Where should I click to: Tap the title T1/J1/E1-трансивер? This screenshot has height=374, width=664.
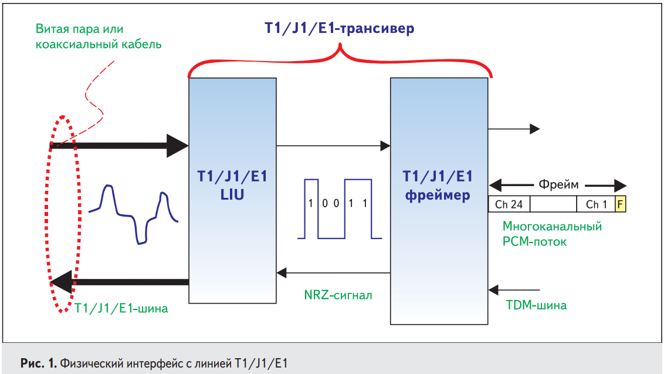point(339,28)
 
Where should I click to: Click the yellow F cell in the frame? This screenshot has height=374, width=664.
point(620,204)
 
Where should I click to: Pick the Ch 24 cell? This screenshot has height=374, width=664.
point(509,204)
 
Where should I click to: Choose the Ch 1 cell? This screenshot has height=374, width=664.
point(596,204)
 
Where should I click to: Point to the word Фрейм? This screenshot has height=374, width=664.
point(558,184)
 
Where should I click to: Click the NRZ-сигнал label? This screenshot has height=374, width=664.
point(338,294)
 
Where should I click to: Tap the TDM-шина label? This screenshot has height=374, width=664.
point(536,305)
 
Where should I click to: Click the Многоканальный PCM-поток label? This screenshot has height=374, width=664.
point(552,234)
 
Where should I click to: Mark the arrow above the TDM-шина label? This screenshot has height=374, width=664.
point(514,289)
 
